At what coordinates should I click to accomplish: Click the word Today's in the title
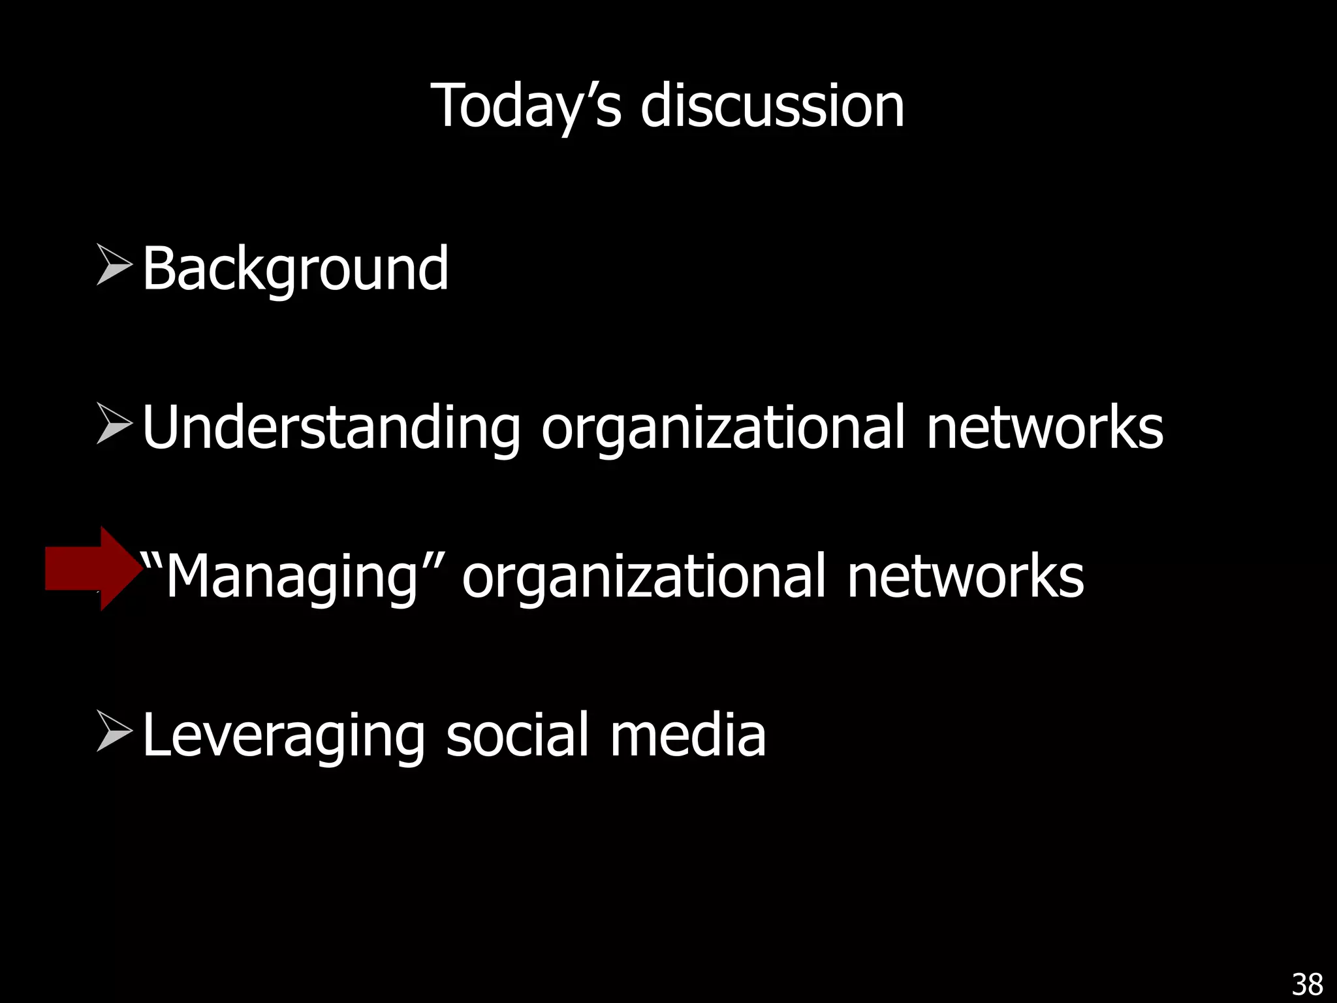point(526,106)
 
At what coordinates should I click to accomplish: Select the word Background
point(295,268)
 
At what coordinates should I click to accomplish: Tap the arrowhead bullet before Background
point(114,264)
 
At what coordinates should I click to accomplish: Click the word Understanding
point(331,428)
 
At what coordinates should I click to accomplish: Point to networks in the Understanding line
point(1045,428)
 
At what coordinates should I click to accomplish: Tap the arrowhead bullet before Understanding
point(114,423)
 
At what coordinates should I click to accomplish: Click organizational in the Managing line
point(643,576)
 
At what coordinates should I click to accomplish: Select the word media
point(688,735)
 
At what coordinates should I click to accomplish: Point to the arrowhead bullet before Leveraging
point(114,731)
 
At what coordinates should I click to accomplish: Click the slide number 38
point(1307,984)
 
